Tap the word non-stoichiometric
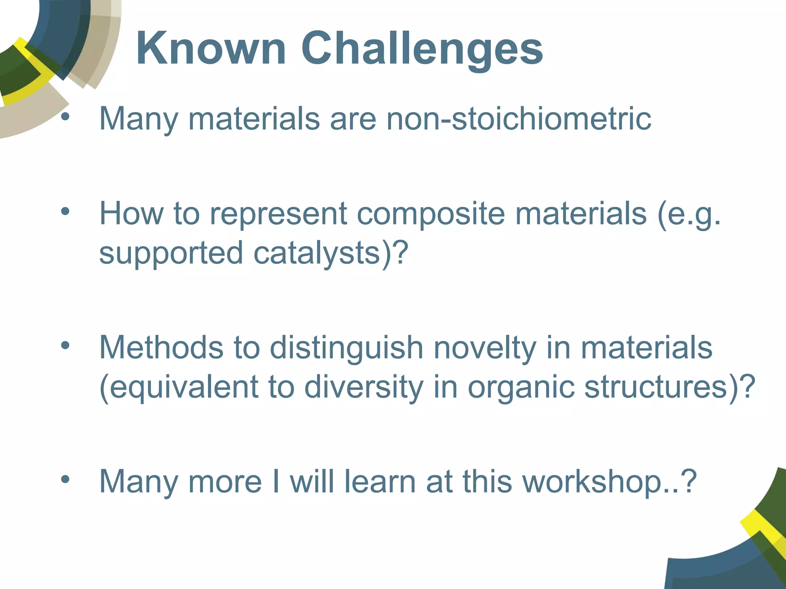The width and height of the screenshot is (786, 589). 518,118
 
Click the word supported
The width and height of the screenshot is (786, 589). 171,253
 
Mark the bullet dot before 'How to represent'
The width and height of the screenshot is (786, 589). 65,211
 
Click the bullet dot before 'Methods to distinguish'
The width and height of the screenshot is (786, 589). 65,345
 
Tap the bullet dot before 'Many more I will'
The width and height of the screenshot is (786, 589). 65,479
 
